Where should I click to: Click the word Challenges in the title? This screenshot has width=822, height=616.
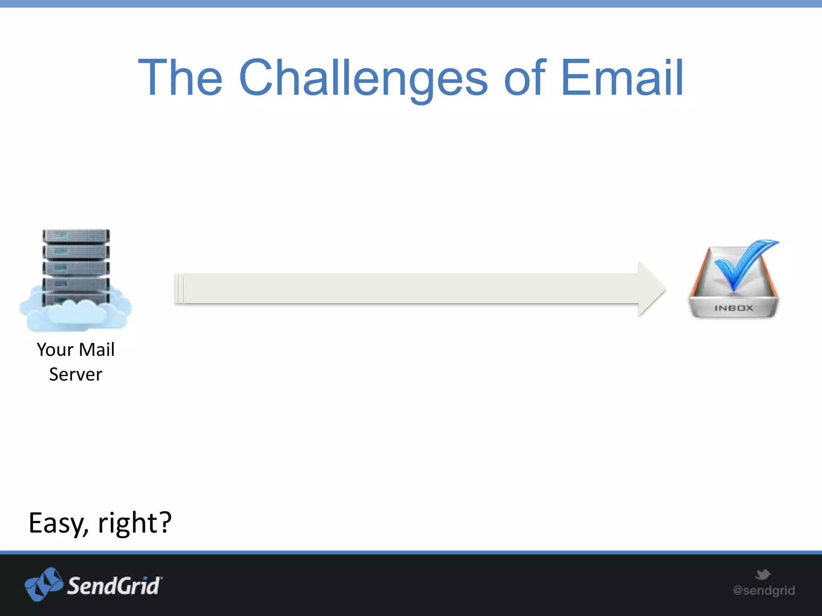363,78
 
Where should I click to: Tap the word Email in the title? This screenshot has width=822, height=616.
622,78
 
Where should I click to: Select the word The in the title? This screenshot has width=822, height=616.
180,78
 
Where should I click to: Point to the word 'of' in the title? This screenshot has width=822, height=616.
525,78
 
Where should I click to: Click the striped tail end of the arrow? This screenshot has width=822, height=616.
179,289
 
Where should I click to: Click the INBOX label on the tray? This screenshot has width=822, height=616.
734,308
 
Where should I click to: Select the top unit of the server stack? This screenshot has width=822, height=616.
76,236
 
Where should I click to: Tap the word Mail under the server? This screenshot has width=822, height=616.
97,350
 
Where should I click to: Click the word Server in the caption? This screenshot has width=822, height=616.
75,375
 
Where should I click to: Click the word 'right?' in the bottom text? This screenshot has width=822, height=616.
135,523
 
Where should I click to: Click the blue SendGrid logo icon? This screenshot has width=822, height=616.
43,584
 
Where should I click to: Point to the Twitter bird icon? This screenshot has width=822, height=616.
763,574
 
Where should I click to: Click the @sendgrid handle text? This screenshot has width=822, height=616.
764,590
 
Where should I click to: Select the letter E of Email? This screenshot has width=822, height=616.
575,78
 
